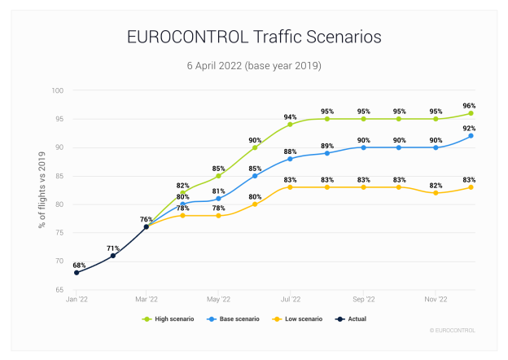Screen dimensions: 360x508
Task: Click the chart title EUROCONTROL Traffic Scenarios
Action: coord(254,37)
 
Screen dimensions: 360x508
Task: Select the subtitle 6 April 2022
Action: coord(254,64)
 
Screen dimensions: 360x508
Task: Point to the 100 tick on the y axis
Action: coord(59,90)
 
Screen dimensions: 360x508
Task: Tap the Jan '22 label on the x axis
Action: coord(77,300)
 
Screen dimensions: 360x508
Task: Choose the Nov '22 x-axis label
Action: coord(436,300)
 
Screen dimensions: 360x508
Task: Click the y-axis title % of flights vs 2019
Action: coord(42,189)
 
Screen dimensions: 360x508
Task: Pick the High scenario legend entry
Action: coord(171,319)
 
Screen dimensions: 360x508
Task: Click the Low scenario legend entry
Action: coord(302,319)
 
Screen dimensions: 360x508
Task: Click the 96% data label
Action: coord(469,105)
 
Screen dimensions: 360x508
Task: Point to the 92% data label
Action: coord(469,128)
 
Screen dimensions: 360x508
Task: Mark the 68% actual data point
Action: coord(77,272)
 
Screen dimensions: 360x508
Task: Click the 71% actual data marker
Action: coord(113,255)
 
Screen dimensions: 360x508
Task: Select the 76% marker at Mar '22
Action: coord(147,226)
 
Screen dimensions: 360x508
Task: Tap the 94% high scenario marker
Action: coord(290,124)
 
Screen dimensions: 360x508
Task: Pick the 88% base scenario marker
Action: coord(290,158)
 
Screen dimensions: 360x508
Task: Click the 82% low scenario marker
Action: coord(436,192)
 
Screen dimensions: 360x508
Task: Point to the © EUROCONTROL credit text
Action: coord(452,330)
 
